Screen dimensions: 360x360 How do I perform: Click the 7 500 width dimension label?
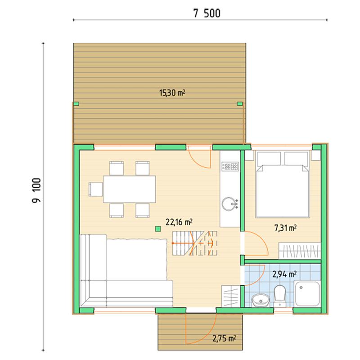207,13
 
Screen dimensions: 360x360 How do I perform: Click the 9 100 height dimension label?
36,190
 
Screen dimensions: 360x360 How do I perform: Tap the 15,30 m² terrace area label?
172,93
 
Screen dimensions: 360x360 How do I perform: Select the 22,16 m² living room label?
179,222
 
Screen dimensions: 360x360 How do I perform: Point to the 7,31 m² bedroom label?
285,228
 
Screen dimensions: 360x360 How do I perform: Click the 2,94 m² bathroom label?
284,274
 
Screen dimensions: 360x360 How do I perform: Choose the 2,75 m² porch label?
224,338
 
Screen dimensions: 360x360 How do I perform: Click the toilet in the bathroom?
279,296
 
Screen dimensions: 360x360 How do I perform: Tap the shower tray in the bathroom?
307,294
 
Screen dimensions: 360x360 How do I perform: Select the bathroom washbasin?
261,300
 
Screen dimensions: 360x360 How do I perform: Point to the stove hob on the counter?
230,166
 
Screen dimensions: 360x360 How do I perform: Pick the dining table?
130,189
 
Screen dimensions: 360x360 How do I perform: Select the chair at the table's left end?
96,189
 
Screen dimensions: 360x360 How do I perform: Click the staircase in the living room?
195,243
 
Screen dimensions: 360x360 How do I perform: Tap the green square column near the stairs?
158,229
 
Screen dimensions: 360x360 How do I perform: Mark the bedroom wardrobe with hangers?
300,251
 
